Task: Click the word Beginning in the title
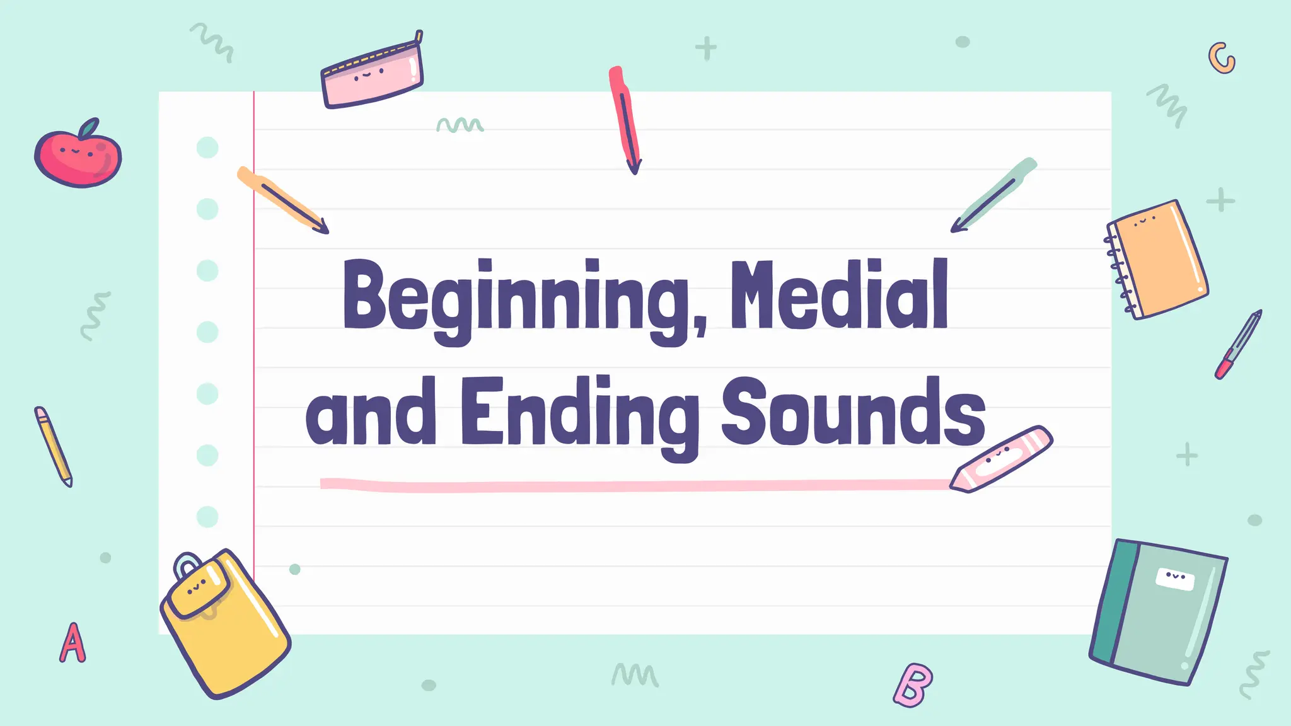point(517,296)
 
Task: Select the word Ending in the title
point(580,413)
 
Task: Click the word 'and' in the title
point(371,413)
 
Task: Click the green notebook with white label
point(1160,611)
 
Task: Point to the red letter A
point(72,643)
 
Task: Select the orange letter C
point(1221,59)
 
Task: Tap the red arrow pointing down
point(625,120)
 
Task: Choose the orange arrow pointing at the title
point(284,200)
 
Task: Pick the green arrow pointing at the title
point(993,195)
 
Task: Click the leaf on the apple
point(89,128)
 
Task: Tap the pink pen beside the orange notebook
point(1239,344)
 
